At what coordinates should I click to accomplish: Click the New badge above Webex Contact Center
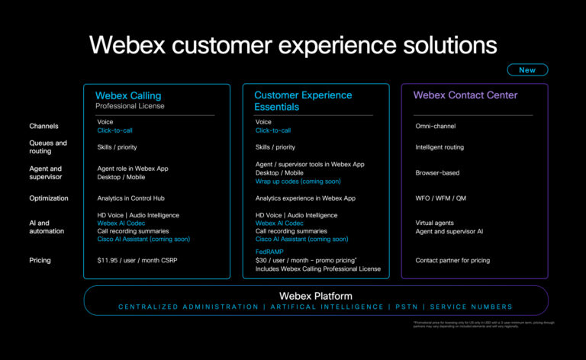(527, 69)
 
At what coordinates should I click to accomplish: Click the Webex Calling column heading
(128, 95)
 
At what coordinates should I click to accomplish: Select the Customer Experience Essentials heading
(303, 101)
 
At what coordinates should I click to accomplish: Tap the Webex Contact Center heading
(465, 95)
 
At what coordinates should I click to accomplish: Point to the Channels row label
(43, 126)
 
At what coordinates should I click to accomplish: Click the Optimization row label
(49, 198)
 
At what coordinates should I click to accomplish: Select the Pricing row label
(40, 260)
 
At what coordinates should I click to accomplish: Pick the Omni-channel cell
(435, 126)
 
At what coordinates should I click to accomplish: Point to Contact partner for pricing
(452, 260)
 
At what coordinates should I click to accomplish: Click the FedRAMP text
(269, 252)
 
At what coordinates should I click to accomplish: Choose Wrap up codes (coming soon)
(298, 182)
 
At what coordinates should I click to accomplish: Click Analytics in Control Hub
(131, 198)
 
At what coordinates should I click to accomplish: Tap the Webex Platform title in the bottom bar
(316, 295)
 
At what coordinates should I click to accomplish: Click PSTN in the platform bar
(403, 307)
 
